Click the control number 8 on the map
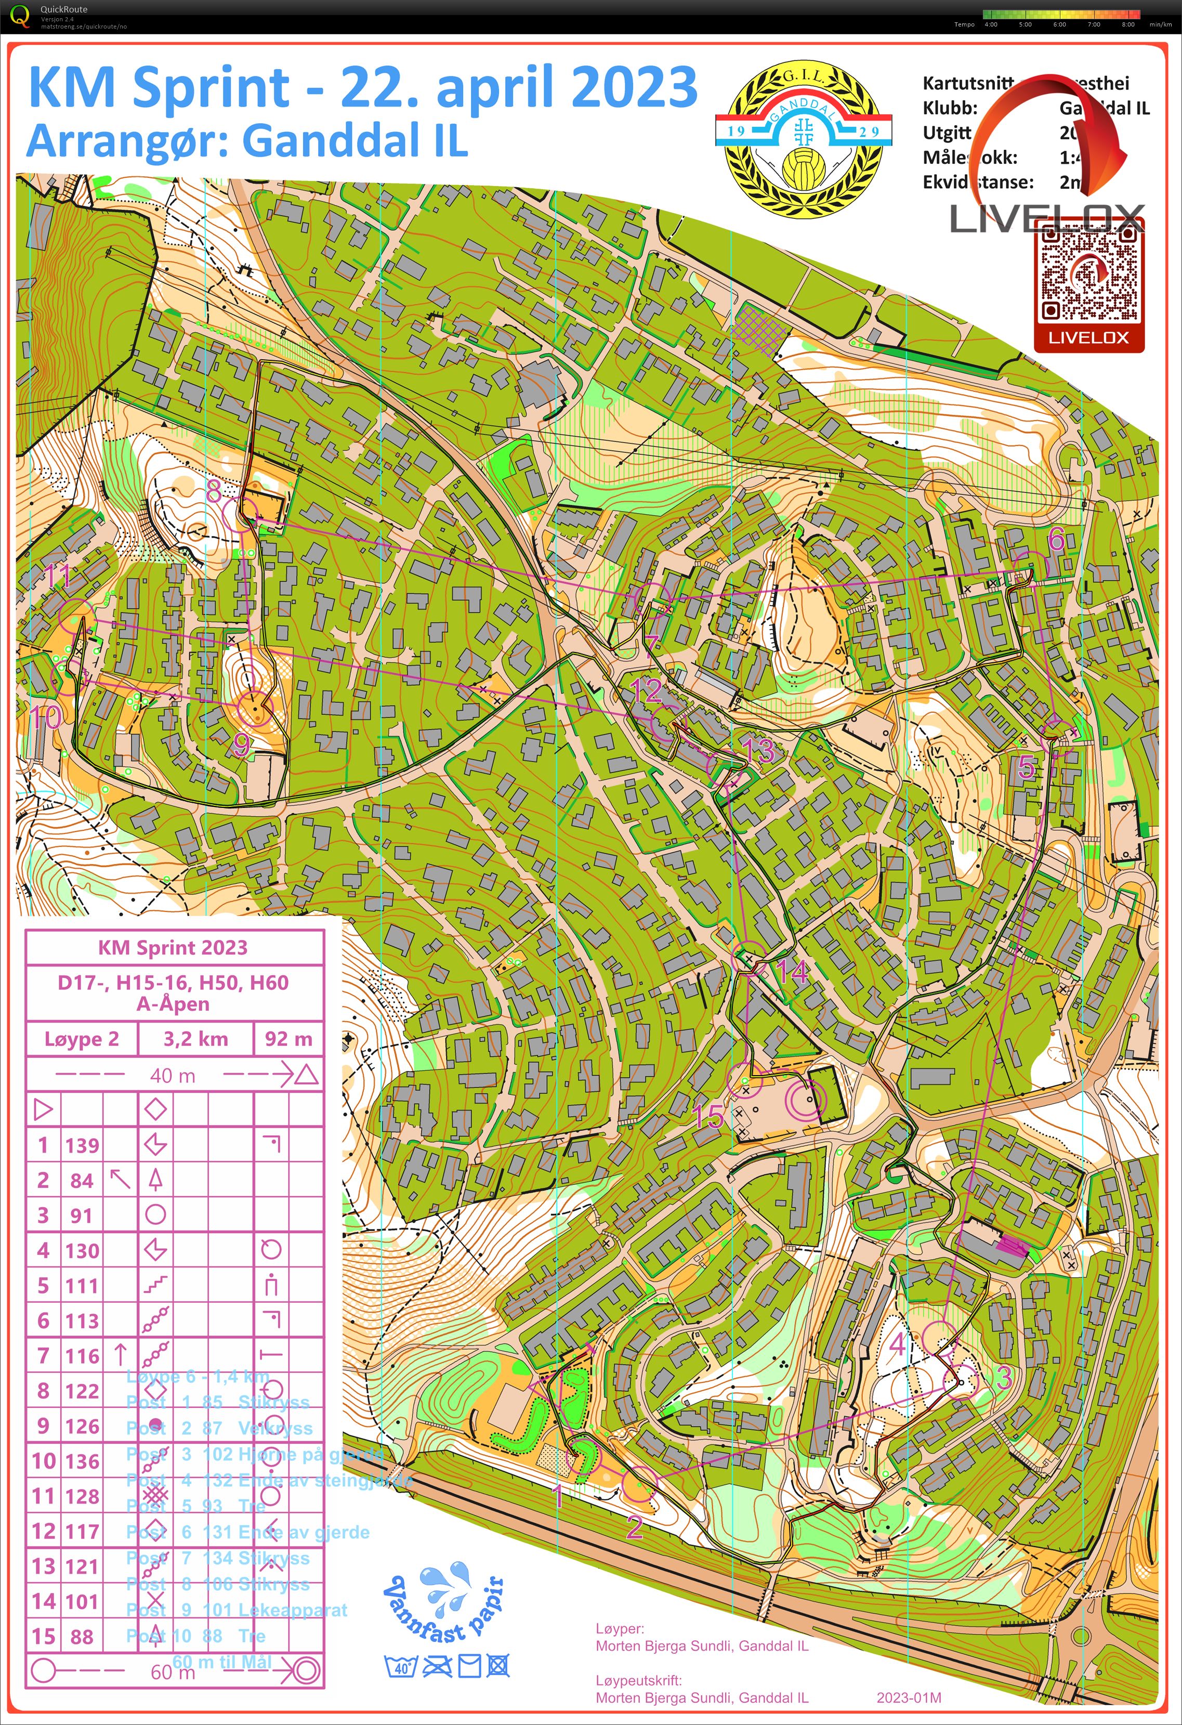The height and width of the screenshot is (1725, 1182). [214, 491]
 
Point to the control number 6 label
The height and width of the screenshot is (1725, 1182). [1056, 540]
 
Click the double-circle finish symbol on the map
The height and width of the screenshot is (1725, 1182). [805, 1099]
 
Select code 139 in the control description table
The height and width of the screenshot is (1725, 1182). [82, 1145]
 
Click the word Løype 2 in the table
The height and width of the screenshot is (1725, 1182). [82, 1038]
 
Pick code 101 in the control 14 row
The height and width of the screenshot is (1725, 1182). [82, 1601]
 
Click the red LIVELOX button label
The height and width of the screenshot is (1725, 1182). [1088, 338]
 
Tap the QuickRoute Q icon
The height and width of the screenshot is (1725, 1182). [20, 16]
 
